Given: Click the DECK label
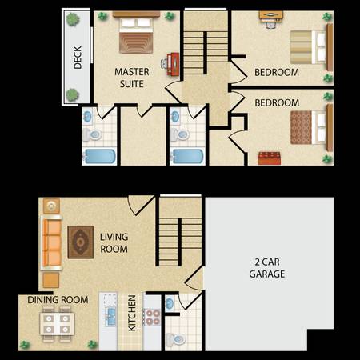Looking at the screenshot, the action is pyautogui.click(x=78, y=58).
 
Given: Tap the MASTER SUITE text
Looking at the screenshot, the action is pyautogui.click(x=132, y=78).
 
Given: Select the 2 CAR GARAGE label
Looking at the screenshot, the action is pyautogui.click(x=267, y=268).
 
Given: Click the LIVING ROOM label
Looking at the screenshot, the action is pyautogui.click(x=114, y=243).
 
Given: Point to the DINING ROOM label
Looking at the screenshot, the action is pyautogui.click(x=58, y=300).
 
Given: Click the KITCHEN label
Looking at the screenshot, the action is pyautogui.click(x=132, y=313).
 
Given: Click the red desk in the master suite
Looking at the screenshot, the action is pyautogui.click(x=173, y=64).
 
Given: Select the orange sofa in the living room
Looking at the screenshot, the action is pyautogui.click(x=51, y=243).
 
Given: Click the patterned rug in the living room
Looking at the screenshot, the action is pyautogui.click(x=81, y=242).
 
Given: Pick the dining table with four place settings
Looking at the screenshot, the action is pyautogui.click(x=57, y=324).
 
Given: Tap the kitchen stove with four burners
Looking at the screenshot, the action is pyautogui.click(x=152, y=318).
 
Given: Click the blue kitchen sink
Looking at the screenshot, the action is pyautogui.click(x=110, y=317).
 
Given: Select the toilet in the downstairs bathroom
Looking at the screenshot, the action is pyautogui.click(x=175, y=340).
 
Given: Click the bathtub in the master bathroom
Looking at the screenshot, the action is pyautogui.click(x=99, y=156).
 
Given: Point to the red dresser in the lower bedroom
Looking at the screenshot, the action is pyautogui.click(x=270, y=158).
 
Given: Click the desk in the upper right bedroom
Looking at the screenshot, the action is pyautogui.click(x=271, y=16).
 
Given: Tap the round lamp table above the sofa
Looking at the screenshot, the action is pyautogui.click(x=51, y=206).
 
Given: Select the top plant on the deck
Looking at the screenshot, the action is pyautogui.click(x=73, y=19).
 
